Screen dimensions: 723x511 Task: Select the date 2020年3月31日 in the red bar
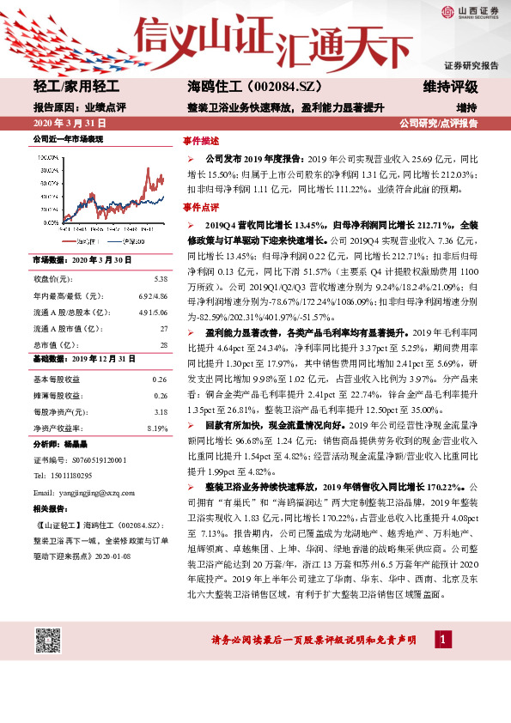point(65,124)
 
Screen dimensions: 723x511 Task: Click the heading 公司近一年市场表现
point(68,138)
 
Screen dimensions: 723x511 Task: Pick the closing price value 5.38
point(161,278)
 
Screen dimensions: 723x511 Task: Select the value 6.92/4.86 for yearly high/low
point(152,295)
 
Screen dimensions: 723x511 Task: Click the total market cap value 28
point(163,343)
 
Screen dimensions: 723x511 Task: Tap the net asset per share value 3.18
point(161,411)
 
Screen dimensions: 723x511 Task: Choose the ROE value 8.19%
point(157,428)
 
